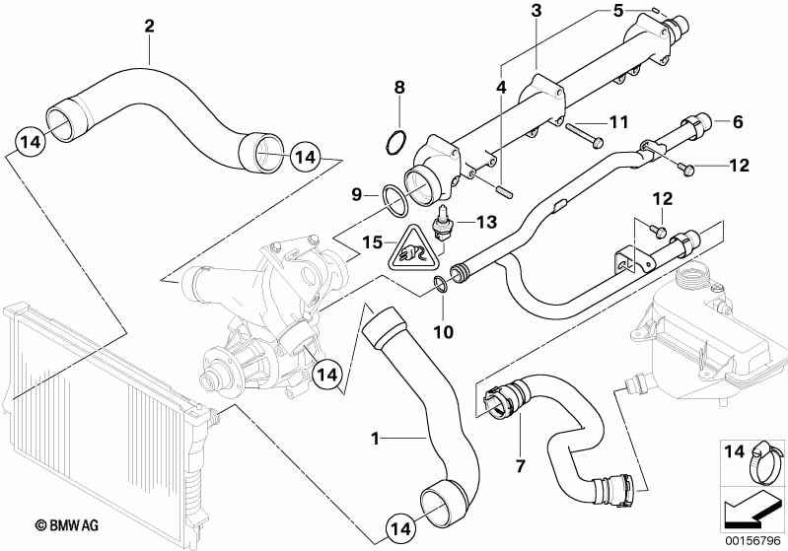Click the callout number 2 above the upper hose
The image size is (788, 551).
(x=149, y=26)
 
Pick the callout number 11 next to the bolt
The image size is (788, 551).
(x=617, y=122)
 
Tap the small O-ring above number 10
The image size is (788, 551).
(x=442, y=287)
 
